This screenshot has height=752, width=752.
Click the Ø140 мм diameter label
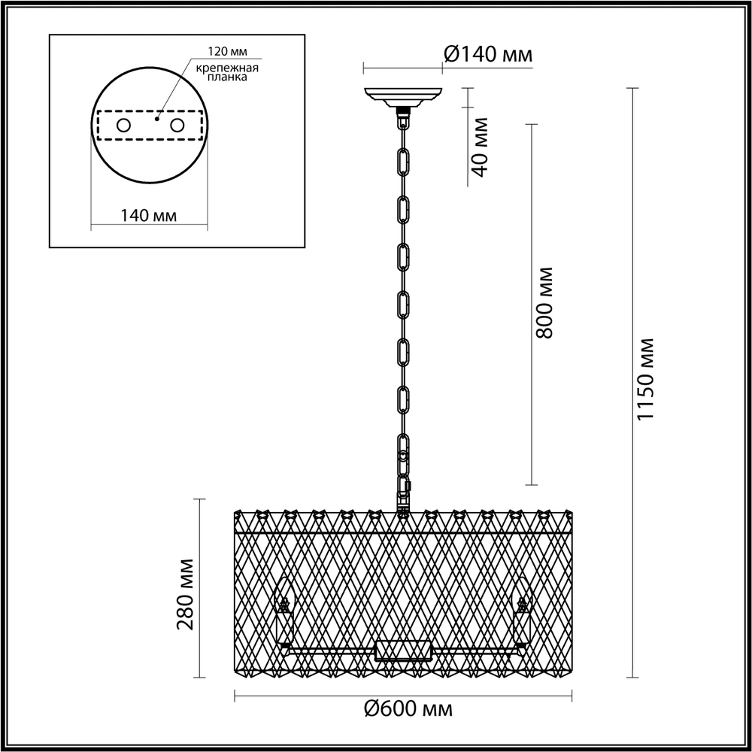click(x=488, y=54)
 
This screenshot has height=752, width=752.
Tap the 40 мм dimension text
click(x=480, y=147)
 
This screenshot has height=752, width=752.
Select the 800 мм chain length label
click(x=544, y=303)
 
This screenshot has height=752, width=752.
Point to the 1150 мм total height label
click(x=645, y=379)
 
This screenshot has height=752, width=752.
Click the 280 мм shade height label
click(x=185, y=594)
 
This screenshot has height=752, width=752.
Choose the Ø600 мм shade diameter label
click(x=408, y=709)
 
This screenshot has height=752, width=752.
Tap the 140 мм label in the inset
click(x=148, y=216)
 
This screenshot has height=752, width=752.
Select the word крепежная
click(x=227, y=68)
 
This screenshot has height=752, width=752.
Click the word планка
click(x=227, y=77)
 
